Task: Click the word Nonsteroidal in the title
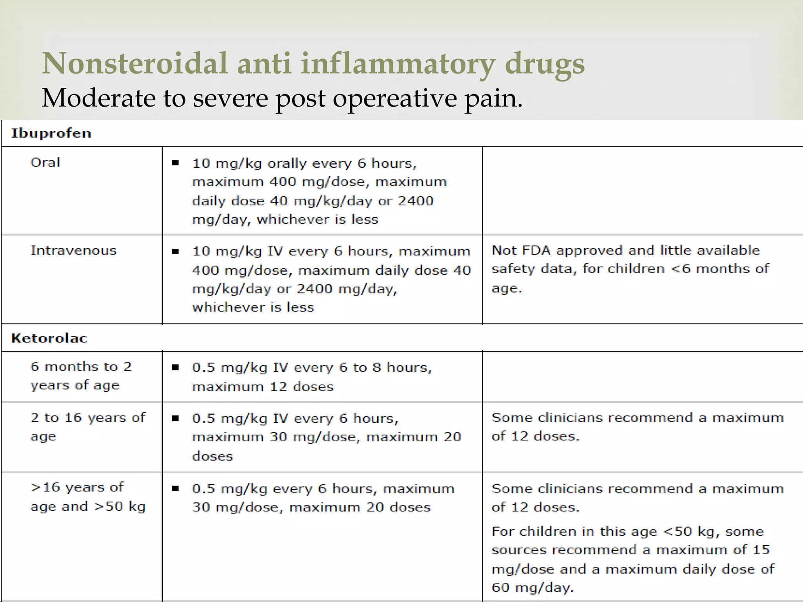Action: [135, 63]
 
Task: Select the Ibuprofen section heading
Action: [51, 133]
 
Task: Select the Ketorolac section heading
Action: [49, 338]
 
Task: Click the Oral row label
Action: [45, 162]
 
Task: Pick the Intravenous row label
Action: [74, 250]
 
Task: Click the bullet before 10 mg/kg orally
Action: [175, 163]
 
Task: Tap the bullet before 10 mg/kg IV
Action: [175, 251]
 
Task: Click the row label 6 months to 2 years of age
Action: [81, 376]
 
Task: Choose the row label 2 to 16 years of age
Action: [88, 427]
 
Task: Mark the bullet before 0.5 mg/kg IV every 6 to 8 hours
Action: [175, 368]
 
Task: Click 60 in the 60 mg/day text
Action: [501, 587]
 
